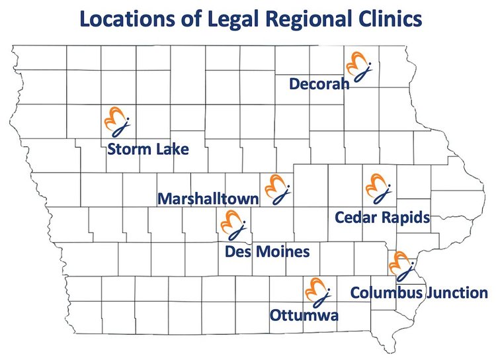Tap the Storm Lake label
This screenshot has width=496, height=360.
point(147,149)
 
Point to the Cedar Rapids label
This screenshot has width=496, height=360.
point(383,216)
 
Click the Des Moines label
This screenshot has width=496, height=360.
point(267,251)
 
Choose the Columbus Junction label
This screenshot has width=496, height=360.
point(419,292)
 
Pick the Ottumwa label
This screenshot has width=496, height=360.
point(304,315)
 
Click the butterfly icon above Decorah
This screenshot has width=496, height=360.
point(359,67)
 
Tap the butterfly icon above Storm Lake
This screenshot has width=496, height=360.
point(118,120)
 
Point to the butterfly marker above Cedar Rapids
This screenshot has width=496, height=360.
point(379,188)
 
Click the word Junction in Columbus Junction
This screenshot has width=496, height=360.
point(456,292)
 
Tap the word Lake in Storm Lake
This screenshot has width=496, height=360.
point(172,149)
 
